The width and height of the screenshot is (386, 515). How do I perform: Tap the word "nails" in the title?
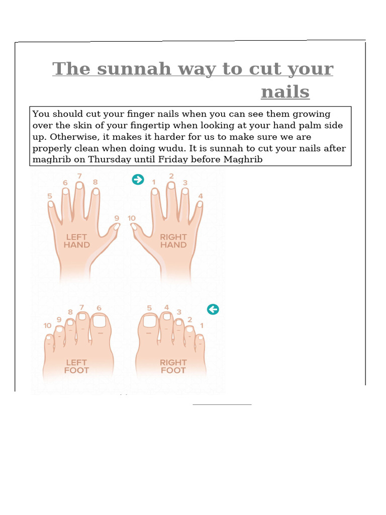(x=285, y=92)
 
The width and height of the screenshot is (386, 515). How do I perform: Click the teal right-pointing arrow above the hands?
(x=138, y=180)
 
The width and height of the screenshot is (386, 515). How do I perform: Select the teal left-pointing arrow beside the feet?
(x=213, y=309)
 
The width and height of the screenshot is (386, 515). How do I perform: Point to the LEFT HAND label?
(x=76, y=241)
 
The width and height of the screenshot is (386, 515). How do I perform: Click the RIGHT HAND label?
(x=173, y=241)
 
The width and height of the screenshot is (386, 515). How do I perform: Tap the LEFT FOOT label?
(x=76, y=366)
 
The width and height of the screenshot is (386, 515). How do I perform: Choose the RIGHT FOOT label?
(x=173, y=366)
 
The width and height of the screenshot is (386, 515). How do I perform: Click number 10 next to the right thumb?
(x=132, y=218)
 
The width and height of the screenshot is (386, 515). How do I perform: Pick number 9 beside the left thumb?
(x=117, y=218)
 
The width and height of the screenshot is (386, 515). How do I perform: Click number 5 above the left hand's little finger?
(x=50, y=196)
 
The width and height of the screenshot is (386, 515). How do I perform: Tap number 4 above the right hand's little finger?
(x=201, y=196)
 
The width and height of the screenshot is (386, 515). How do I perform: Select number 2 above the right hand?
(x=171, y=176)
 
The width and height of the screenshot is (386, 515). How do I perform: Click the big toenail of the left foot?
(x=100, y=320)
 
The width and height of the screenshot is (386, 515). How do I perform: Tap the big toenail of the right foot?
(x=149, y=320)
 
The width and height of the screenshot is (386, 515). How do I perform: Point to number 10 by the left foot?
(x=47, y=326)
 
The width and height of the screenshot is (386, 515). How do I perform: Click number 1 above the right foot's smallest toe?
(x=202, y=326)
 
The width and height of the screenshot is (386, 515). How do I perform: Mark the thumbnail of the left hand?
(x=116, y=227)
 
